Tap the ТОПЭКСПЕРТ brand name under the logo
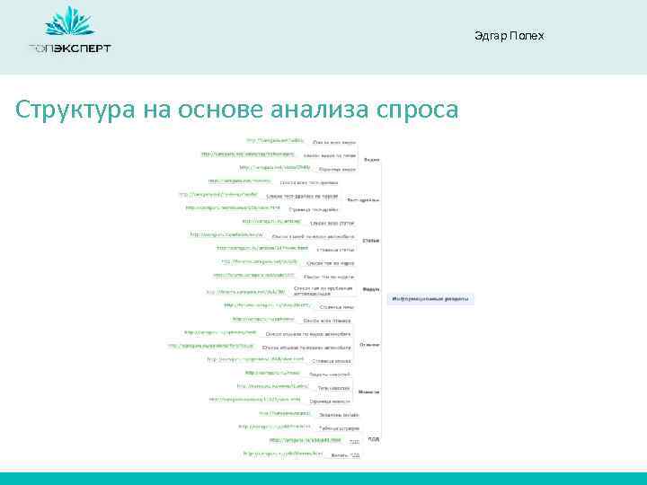(x=69, y=48)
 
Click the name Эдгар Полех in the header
(x=509, y=35)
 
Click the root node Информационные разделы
(x=430, y=298)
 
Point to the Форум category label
(x=370, y=289)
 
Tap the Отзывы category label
(x=368, y=343)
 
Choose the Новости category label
(x=368, y=392)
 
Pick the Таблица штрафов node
(x=329, y=428)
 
